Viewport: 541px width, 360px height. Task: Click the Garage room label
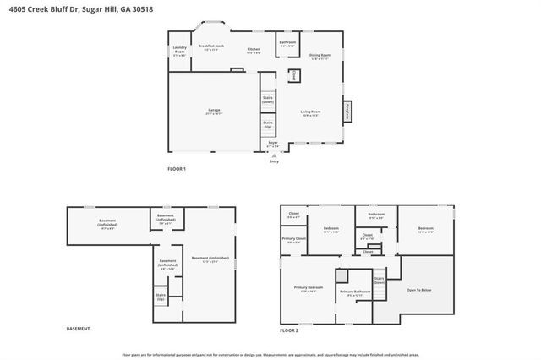213,112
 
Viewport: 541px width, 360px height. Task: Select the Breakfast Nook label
211,48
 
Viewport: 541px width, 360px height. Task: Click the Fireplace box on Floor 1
346,112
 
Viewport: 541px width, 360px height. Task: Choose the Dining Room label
320,57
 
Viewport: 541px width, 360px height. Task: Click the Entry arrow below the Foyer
274,155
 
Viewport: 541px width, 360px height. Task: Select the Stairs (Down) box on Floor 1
267,100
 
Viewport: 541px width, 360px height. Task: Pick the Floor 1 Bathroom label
287,43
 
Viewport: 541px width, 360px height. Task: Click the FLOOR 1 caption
177,169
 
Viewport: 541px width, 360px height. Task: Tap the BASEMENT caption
78,329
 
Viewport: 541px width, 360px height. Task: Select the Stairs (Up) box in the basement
161,297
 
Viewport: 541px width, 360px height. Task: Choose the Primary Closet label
294,240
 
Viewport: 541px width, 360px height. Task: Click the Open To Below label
419,290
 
